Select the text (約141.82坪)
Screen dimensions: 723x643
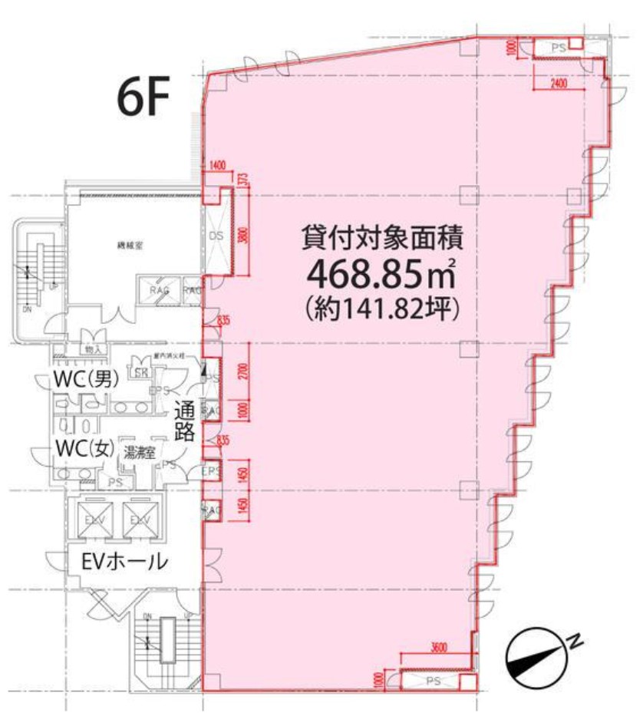[381, 309]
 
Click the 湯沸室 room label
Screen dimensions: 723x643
[140, 453]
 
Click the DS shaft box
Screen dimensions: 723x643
[216, 236]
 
